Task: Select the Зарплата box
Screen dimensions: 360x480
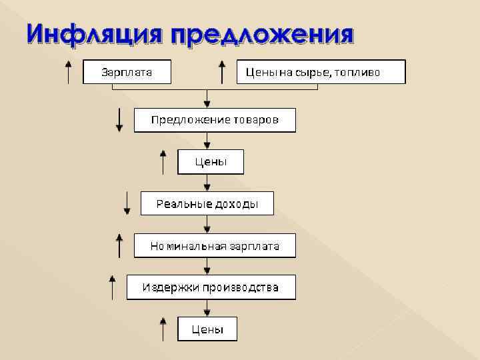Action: click(x=127, y=71)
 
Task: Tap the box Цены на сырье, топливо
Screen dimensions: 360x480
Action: click(x=321, y=71)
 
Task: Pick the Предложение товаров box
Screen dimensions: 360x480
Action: click(x=215, y=120)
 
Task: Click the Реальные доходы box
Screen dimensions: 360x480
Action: click(x=207, y=203)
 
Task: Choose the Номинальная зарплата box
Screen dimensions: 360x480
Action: click(x=215, y=246)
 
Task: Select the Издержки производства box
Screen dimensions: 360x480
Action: click(x=211, y=287)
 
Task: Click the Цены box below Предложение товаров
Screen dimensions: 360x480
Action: click(x=210, y=161)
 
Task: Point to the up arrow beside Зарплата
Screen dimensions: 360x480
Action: click(x=68, y=71)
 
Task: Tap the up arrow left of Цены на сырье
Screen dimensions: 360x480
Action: click(x=223, y=71)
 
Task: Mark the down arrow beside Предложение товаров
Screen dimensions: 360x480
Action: click(x=119, y=119)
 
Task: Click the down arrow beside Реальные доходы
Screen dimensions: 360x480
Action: click(x=127, y=203)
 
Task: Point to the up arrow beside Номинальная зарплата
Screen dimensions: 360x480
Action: click(x=119, y=245)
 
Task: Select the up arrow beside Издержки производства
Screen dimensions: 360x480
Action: click(x=112, y=287)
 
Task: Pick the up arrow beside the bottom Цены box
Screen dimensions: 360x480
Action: click(x=163, y=329)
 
